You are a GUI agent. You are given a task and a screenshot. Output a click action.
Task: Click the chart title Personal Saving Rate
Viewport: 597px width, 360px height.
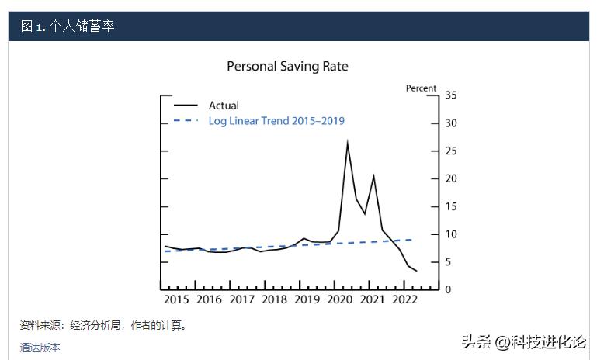click(x=287, y=67)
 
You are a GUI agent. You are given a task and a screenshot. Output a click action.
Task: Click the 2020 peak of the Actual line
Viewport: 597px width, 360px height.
click(x=347, y=141)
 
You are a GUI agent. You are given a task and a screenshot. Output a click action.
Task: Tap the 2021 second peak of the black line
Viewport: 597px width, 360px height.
click(x=373, y=176)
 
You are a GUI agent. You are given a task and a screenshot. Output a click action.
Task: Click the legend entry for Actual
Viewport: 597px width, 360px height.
click(x=224, y=106)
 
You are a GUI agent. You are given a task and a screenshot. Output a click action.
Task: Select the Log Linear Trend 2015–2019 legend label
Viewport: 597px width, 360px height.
click(x=276, y=121)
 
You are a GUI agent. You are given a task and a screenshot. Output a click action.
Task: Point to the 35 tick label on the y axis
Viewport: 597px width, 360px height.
click(x=451, y=95)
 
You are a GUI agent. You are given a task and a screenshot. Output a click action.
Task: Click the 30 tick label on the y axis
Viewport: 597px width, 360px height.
click(x=451, y=123)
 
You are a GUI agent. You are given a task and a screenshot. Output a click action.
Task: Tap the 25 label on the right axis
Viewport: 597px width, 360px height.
click(x=451, y=151)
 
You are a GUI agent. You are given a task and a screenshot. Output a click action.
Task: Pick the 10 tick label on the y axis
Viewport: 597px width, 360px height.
click(x=451, y=234)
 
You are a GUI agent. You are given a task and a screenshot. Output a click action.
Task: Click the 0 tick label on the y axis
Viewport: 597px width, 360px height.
click(x=448, y=289)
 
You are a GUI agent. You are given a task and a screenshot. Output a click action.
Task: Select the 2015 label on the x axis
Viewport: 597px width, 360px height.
click(x=176, y=299)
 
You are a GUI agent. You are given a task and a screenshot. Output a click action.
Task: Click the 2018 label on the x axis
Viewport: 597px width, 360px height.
click(x=274, y=299)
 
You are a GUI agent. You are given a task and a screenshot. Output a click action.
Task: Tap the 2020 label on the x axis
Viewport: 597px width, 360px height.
click(x=339, y=299)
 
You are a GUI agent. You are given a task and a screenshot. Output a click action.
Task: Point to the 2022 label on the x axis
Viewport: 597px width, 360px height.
click(x=404, y=299)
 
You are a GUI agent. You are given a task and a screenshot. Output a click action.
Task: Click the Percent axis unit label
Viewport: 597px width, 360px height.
click(x=422, y=88)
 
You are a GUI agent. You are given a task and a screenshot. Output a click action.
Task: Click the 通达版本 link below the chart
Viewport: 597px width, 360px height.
click(x=40, y=348)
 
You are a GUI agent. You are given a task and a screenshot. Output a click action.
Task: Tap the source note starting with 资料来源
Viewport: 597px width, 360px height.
click(x=103, y=325)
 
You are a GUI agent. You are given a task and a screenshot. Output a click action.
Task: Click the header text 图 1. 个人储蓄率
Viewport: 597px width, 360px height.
click(x=68, y=26)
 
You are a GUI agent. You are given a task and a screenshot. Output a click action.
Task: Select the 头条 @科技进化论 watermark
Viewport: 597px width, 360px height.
click(x=523, y=342)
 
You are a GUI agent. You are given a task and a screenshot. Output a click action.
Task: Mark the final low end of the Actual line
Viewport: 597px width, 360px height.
click(x=417, y=271)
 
